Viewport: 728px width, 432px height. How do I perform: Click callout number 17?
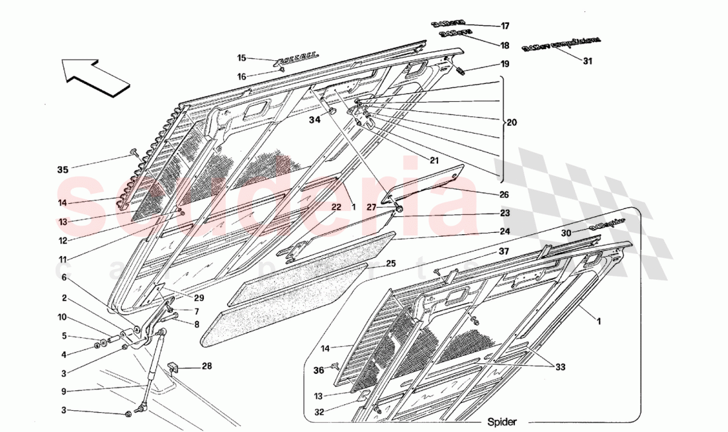click(505, 26)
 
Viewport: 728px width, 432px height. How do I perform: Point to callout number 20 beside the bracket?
click(513, 123)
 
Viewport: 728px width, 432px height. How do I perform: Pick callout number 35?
click(63, 169)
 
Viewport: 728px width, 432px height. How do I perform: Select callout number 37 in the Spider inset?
click(504, 251)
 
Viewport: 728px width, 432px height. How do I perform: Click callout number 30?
click(567, 232)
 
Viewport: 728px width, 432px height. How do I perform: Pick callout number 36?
click(319, 370)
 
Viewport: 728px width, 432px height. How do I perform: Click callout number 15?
click(242, 58)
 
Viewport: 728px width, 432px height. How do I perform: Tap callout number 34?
click(314, 120)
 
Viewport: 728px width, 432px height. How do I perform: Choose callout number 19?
click(505, 65)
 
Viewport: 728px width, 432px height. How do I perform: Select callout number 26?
click(505, 194)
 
